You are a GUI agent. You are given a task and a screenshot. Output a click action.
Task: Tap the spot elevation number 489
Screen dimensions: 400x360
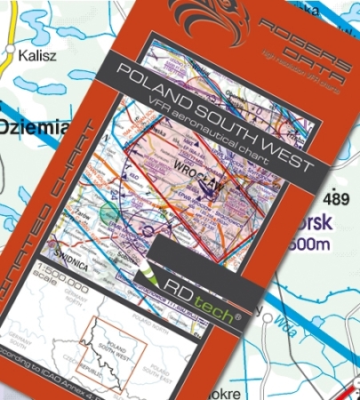pos(339,196)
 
